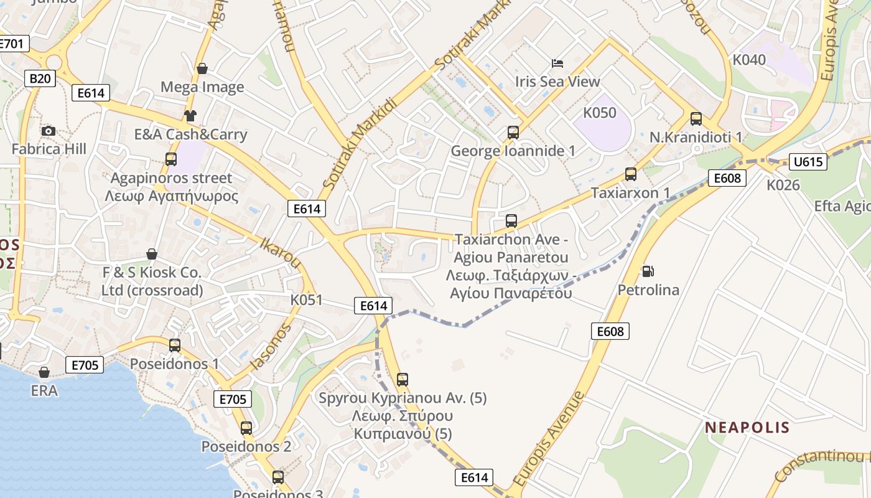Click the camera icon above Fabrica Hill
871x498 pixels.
[x=48, y=131]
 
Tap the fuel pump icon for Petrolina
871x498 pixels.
[x=648, y=271]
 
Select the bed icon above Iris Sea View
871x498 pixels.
[x=557, y=63]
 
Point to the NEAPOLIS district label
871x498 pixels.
[x=747, y=428]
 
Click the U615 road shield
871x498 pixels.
[x=808, y=162]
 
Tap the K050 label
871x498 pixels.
[x=600, y=113]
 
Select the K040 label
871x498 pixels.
[x=749, y=60]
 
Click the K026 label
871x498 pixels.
[x=783, y=184]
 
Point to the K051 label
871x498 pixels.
[x=307, y=300]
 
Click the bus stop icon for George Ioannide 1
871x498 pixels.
[x=513, y=133]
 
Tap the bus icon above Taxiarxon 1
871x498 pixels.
[x=631, y=174]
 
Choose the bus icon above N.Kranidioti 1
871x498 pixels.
[x=696, y=119]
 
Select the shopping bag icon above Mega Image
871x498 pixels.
[x=202, y=68]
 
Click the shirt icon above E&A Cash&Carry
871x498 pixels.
[x=190, y=116]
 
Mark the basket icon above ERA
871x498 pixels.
[x=44, y=372]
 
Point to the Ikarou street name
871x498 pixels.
[x=280, y=253]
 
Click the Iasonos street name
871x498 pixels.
[x=271, y=347]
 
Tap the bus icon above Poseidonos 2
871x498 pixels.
[x=246, y=428]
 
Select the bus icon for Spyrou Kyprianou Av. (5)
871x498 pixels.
[x=403, y=379]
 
